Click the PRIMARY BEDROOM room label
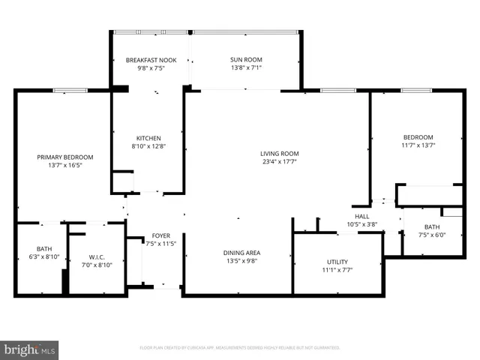click(65, 157)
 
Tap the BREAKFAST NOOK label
click(151, 60)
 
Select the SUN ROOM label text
click(245, 60)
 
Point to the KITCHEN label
click(148, 138)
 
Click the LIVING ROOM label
click(280, 154)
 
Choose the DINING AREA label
click(241, 253)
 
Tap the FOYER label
click(160, 235)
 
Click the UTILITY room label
click(337, 262)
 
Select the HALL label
click(362, 216)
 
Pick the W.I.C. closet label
click(96, 256)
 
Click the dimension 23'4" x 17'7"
click(280, 162)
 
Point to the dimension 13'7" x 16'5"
click(65, 165)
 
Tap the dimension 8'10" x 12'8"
click(148, 146)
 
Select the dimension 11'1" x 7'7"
click(337, 270)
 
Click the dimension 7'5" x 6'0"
click(431, 235)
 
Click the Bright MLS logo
click(30, 350)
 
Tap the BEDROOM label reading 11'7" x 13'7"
click(418, 137)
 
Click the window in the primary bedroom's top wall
click(70, 91)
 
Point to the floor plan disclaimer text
click(240, 348)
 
